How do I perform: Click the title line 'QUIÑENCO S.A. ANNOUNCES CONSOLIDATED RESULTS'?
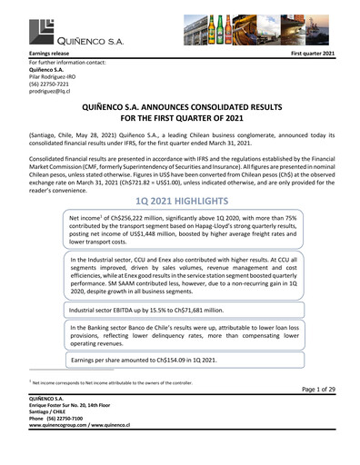pyautogui.click(x=179, y=107)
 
